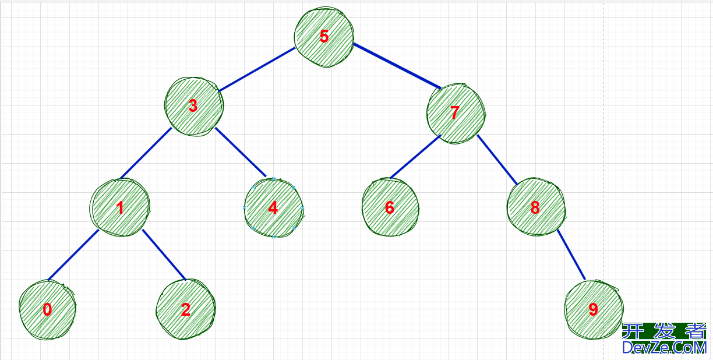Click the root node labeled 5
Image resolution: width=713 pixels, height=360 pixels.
click(324, 37)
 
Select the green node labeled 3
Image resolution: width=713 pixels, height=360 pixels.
click(193, 106)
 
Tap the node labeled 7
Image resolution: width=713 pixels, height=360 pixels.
click(456, 112)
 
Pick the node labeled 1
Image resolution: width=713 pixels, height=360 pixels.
click(120, 207)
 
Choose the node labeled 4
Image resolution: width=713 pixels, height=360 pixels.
click(274, 208)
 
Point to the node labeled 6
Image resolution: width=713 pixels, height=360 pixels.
click(390, 207)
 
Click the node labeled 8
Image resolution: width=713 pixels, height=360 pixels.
click(535, 207)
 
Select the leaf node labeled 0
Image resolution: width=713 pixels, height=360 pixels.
click(47, 310)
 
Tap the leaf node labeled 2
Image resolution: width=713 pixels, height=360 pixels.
click(185, 309)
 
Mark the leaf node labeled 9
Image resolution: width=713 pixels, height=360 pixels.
click(593, 309)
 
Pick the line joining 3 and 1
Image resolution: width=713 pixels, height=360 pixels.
click(145, 153)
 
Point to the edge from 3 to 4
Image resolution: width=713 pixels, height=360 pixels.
click(241, 151)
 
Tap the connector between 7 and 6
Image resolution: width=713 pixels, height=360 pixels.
click(415, 157)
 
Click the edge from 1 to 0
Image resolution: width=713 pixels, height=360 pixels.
click(73, 255)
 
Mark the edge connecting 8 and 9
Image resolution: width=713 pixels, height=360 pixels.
click(571, 254)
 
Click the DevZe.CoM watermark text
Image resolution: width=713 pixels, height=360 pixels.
click(664, 348)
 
